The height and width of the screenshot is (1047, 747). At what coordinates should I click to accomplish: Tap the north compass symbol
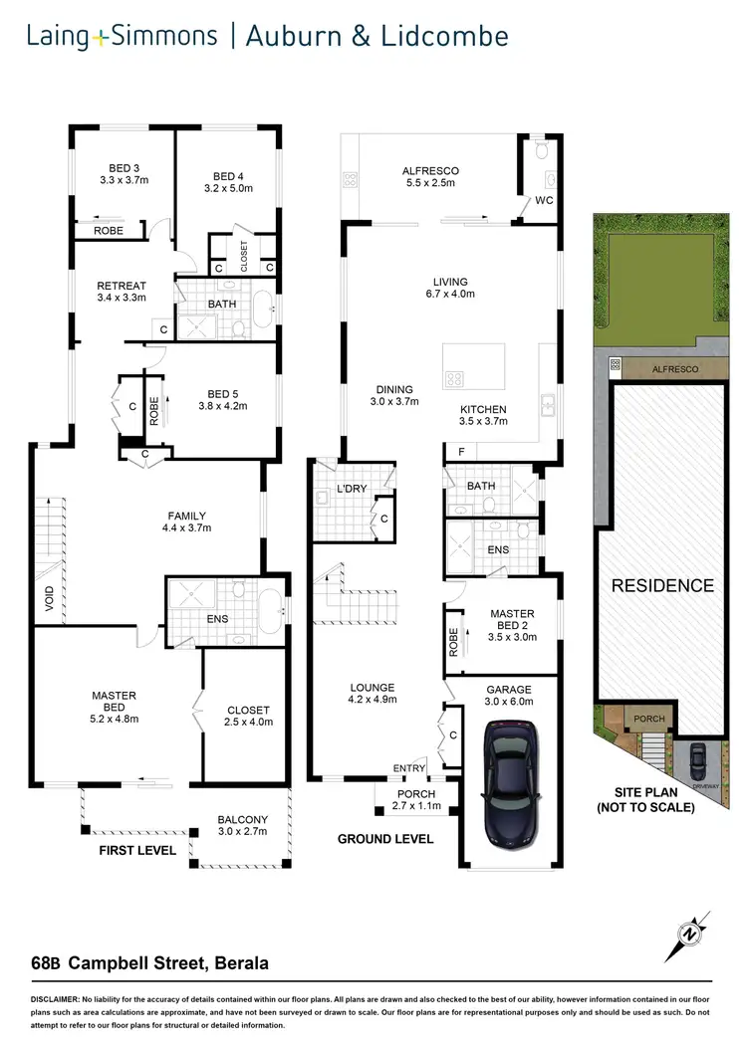point(687,933)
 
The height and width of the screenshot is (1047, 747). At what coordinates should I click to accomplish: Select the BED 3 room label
point(124,167)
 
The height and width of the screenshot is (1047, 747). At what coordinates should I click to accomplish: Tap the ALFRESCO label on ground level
point(429,170)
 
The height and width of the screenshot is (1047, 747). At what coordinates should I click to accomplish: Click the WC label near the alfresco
point(544,200)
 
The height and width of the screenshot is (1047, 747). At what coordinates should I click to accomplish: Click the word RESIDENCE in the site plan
point(662,585)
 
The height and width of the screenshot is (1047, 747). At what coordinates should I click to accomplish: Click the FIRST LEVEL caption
point(136,851)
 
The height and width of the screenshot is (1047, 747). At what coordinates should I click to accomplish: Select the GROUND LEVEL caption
point(384,839)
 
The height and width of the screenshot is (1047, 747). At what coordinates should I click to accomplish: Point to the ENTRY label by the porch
point(408,768)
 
